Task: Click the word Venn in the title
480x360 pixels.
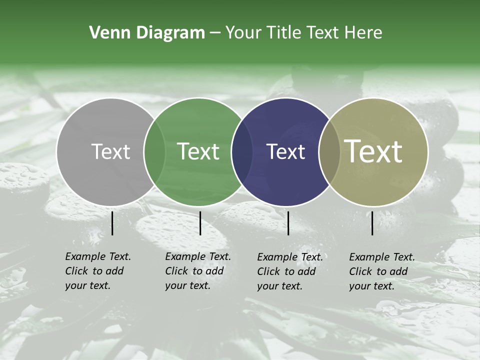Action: click(x=106, y=33)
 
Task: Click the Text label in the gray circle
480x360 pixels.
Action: click(x=110, y=151)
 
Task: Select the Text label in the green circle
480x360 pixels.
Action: click(x=198, y=151)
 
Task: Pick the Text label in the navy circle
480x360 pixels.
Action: click(x=285, y=151)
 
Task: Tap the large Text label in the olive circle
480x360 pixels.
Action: click(x=373, y=151)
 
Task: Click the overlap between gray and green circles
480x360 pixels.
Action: click(x=154, y=151)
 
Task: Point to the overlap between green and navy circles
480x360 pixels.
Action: click(x=242, y=151)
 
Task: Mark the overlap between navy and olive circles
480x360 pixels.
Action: click(x=329, y=151)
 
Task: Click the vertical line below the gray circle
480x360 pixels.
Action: click(x=112, y=223)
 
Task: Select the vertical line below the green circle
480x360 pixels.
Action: click(x=200, y=223)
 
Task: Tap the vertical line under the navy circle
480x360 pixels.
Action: click(x=288, y=223)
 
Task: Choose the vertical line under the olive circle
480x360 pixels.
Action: click(x=372, y=223)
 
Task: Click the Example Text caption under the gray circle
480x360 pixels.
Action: click(x=98, y=271)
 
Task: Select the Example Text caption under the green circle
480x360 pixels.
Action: click(x=198, y=271)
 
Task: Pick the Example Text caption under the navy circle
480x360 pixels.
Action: click(x=290, y=271)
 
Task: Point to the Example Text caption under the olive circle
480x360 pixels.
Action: click(x=382, y=271)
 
